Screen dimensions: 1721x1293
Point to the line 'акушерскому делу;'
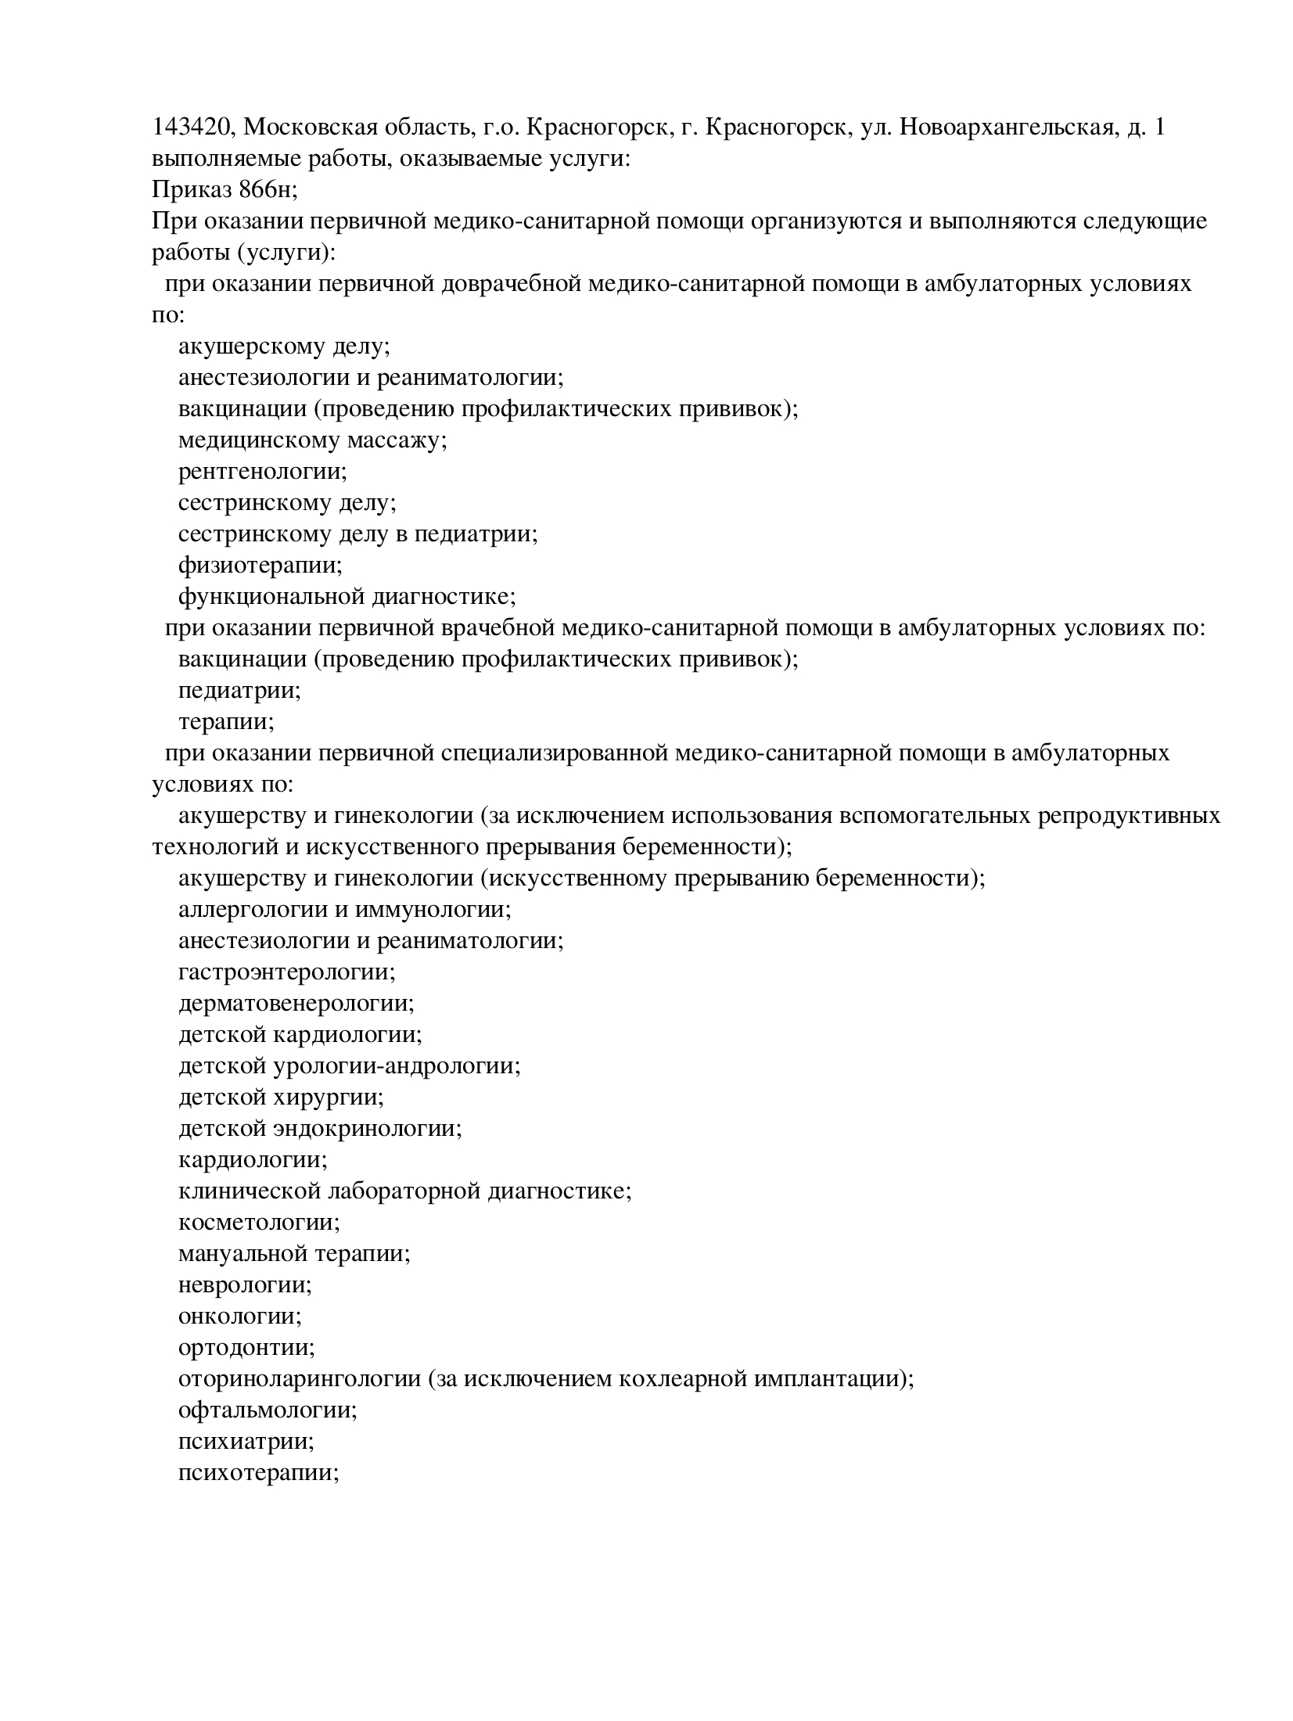[x=284, y=346]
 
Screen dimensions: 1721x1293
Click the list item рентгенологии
[x=263, y=471]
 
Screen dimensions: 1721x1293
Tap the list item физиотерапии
[x=260, y=565]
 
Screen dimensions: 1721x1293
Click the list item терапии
[x=226, y=721]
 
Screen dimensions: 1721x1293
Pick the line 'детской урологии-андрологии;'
[x=350, y=1065]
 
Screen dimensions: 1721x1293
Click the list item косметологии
[x=259, y=1222]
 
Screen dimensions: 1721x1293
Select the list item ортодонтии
[x=246, y=1347]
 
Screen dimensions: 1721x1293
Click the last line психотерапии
[x=258, y=1472]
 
